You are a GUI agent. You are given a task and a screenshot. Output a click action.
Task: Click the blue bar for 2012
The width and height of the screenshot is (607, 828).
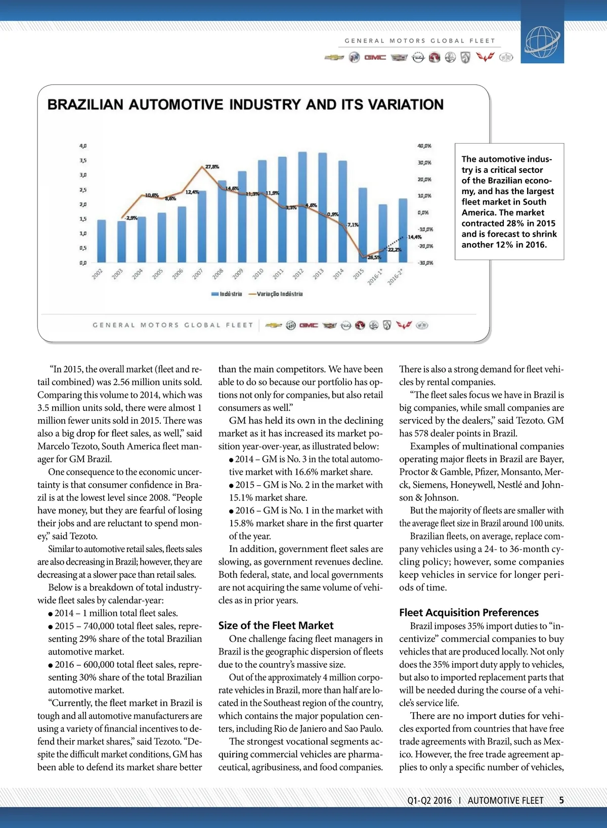point(302,207)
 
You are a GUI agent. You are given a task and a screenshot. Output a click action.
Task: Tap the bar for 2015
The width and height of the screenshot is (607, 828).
point(363,225)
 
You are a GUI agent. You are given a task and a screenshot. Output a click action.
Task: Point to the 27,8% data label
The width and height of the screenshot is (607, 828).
point(212,166)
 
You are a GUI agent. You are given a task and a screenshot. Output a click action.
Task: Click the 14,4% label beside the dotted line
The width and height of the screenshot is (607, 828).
point(415,237)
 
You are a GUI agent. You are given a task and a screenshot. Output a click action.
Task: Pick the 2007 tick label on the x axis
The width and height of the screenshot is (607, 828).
point(197,274)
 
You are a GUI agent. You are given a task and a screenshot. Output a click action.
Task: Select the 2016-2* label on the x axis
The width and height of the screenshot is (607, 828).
point(395,277)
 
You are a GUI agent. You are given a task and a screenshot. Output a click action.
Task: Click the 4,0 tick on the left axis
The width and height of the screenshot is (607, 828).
point(83,146)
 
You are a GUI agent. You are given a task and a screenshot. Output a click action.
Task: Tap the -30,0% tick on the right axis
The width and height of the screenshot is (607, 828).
point(425,263)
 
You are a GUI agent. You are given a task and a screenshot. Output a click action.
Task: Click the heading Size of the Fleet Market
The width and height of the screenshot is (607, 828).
point(276,625)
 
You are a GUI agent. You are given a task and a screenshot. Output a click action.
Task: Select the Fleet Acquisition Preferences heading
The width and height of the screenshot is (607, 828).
point(468,613)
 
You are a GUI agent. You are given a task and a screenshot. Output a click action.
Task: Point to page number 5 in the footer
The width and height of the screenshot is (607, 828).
point(561,800)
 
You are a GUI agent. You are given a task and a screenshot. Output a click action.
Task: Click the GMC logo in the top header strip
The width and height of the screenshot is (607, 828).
point(375,58)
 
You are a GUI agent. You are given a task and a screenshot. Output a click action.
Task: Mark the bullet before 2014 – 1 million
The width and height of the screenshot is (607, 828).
point(51,614)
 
